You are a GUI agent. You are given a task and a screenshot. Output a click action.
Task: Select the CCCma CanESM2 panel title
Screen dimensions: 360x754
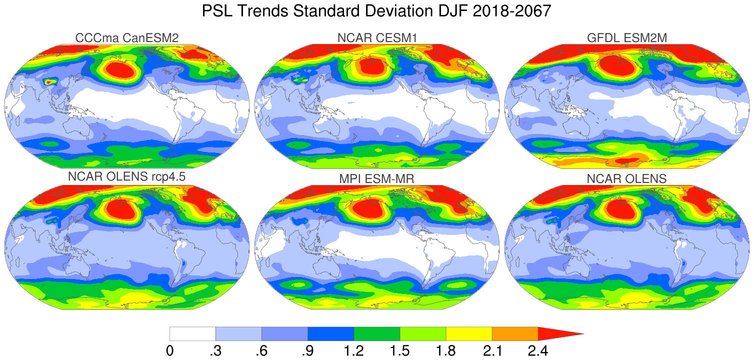point(127,37)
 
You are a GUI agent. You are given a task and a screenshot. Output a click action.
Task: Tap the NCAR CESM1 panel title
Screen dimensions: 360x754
point(377,37)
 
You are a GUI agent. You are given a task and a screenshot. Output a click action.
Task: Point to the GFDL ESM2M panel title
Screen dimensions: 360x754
point(627,37)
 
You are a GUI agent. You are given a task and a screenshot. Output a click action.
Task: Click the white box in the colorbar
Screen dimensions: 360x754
point(192,333)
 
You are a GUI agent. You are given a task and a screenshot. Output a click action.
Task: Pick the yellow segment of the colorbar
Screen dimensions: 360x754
point(469,333)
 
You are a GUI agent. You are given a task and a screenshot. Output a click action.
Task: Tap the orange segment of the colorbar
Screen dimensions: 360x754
point(515,333)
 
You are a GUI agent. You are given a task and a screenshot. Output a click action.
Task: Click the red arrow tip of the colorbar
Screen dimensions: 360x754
point(557,333)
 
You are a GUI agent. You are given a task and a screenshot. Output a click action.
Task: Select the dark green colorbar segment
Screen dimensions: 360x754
point(377,333)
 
